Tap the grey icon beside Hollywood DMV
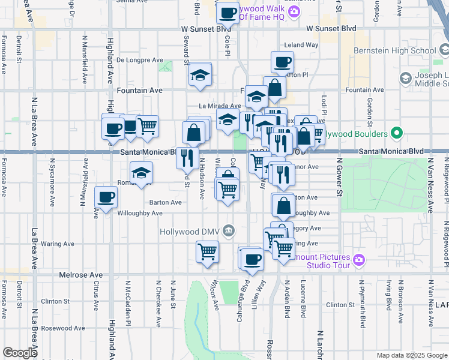[x=228, y=230]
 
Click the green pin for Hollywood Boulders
[x=396, y=133]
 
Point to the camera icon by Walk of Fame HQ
[x=294, y=11]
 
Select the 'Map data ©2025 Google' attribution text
[x=411, y=355]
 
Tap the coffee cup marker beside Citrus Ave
[x=106, y=197]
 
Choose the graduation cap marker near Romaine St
[x=141, y=173]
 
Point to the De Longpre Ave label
[x=140, y=60]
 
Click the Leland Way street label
[x=301, y=45]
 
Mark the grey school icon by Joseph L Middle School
[x=405, y=78]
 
